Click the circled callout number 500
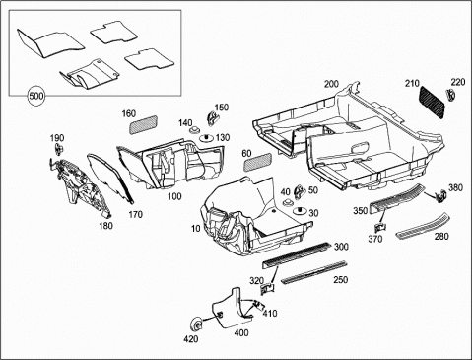(36, 97)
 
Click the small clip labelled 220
(451, 95)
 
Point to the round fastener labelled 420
(197, 325)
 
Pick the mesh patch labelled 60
(257, 162)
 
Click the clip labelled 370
(380, 227)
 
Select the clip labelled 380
(440, 196)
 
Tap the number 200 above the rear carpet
(331, 84)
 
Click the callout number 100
(174, 196)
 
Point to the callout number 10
(196, 228)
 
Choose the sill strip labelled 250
(313, 272)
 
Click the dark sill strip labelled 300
(297, 253)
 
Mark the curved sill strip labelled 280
(424, 225)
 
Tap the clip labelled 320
(268, 289)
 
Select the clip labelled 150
(212, 117)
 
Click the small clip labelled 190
(59, 149)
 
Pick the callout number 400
(241, 333)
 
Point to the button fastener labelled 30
(300, 211)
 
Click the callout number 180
(105, 226)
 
